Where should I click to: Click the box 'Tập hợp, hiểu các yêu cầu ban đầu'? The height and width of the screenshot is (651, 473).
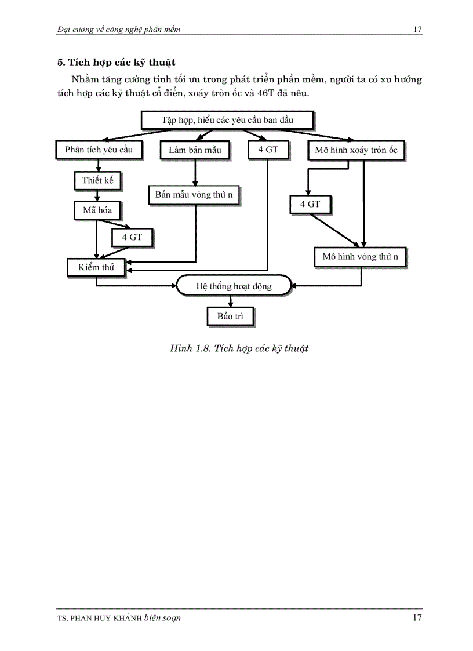[227, 120]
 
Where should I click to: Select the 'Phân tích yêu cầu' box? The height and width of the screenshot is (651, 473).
[99, 150]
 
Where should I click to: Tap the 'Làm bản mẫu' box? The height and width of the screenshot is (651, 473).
[194, 150]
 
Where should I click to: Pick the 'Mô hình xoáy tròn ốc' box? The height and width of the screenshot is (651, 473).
[356, 150]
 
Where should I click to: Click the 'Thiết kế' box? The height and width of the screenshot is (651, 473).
[97, 180]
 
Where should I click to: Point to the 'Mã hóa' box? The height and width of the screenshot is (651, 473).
[97, 210]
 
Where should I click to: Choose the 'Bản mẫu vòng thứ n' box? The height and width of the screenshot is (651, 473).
[194, 195]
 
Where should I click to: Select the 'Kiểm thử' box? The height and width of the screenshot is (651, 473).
[96, 267]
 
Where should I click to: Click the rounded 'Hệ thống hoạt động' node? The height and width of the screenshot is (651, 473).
[234, 286]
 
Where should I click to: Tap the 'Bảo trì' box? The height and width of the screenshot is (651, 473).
[230, 316]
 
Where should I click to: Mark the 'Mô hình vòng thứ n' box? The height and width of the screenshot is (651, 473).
[360, 256]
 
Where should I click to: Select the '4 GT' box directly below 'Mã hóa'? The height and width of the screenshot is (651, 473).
[132, 237]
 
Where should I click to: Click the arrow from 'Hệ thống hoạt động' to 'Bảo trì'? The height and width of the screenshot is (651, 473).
[231, 301]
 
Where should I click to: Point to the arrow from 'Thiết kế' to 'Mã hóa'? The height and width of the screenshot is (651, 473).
[97, 195]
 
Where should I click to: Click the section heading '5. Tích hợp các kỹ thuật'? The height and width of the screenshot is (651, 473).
[117, 61]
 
